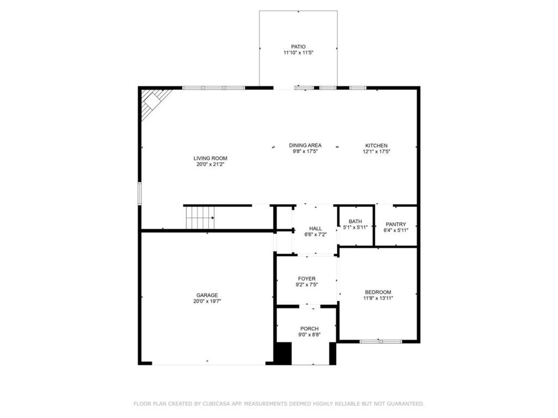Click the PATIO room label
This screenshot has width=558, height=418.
pyautogui.click(x=298, y=47)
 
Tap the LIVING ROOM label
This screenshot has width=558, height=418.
pyautogui.click(x=210, y=158)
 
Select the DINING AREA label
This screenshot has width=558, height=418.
pyautogui.click(x=305, y=145)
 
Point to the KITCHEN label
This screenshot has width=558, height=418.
pyautogui.click(x=376, y=145)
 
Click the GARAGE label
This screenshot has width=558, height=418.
pyautogui.click(x=207, y=295)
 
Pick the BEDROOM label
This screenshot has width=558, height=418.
pyautogui.click(x=378, y=292)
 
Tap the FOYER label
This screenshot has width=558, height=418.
pyautogui.click(x=307, y=279)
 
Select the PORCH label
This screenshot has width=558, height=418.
pyautogui.click(x=310, y=328)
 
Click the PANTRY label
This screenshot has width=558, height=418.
pyautogui.click(x=396, y=224)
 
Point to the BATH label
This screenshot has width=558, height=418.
pyautogui.click(x=355, y=221)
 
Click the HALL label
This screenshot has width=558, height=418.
pyautogui.click(x=316, y=229)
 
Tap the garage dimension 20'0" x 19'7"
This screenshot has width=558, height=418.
pyautogui.click(x=207, y=301)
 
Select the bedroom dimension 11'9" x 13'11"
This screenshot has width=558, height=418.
pyautogui.click(x=378, y=298)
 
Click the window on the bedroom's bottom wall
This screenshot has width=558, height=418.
pyautogui.click(x=380, y=342)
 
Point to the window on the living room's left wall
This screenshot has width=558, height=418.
pyautogui.click(x=140, y=193)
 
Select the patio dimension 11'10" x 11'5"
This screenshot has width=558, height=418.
pyautogui.click(x=298, y=53)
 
